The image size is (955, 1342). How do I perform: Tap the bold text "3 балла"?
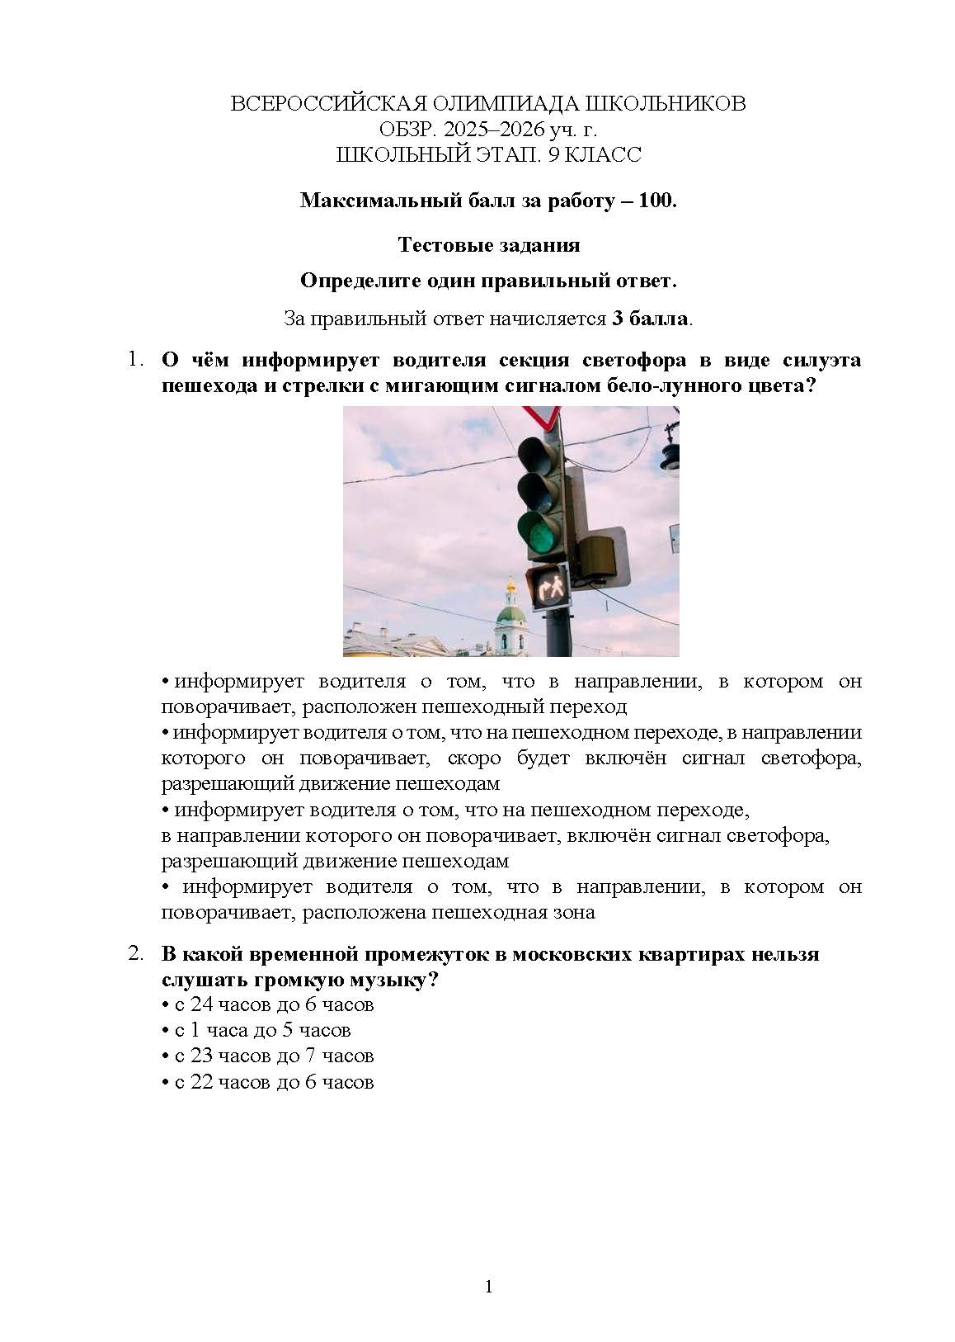pos(650,319)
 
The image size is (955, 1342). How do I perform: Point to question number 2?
pos(134,954)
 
